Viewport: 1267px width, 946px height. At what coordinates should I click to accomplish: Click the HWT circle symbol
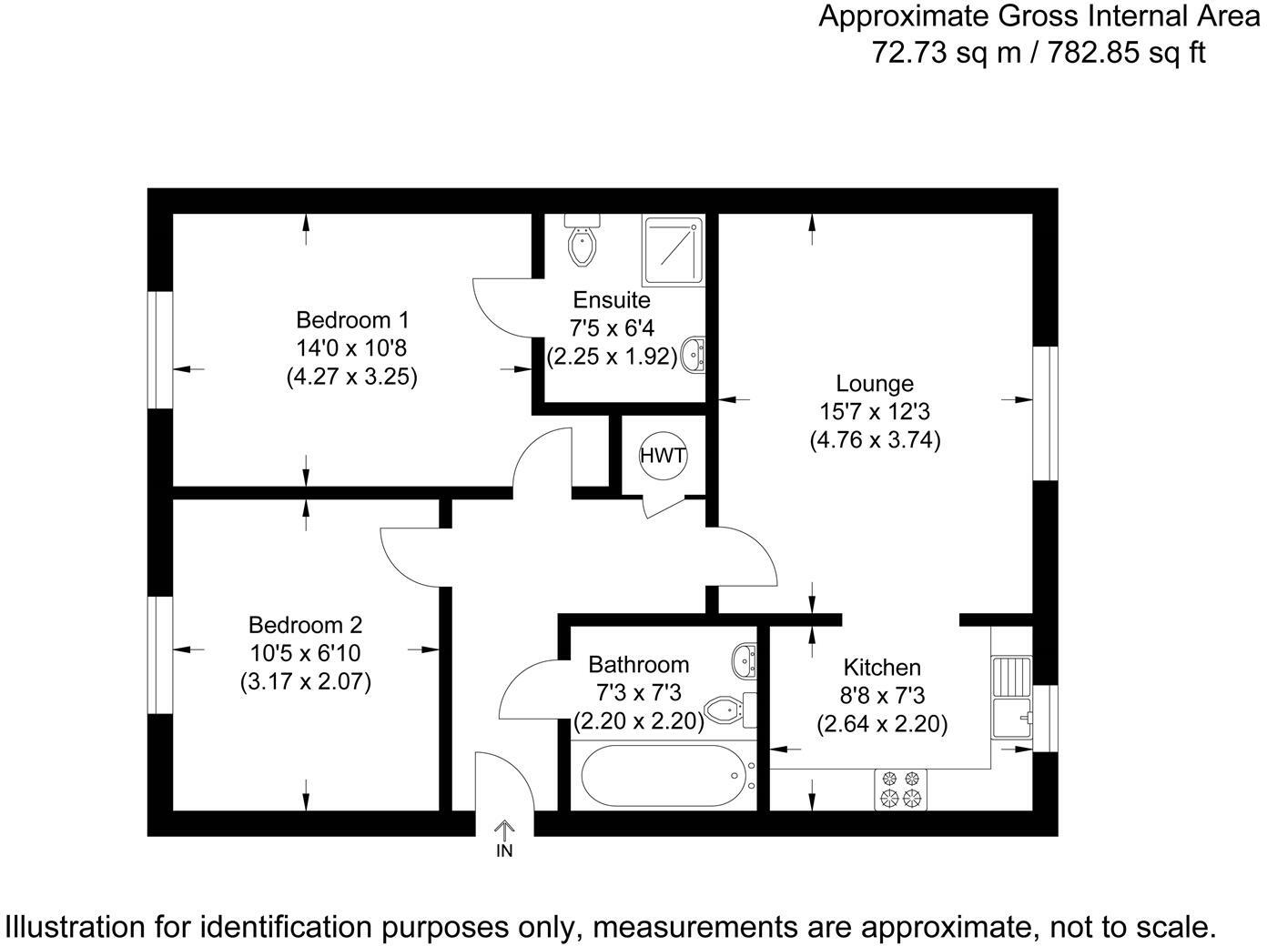pos(663,456)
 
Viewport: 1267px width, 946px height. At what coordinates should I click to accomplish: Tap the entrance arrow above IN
pos(503,829)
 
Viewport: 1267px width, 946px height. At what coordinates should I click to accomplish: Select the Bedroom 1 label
pos(352,320)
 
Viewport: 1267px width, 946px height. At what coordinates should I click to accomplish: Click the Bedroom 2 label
pos(305,625)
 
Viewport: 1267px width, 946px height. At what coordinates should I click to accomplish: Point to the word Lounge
pos(875,384)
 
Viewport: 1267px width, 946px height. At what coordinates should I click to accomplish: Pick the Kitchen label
pos(882,667)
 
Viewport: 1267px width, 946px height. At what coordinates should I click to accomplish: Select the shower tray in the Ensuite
pos(673,249)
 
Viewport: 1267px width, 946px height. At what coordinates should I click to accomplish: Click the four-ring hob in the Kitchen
pos(900,789)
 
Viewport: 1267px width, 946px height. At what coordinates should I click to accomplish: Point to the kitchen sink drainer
pos(1011,676)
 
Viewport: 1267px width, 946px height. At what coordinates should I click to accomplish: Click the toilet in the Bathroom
pos(732,709)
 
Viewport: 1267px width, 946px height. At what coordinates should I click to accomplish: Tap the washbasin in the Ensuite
pos(695,353)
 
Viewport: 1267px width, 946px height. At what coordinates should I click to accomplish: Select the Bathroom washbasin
pos(745,659)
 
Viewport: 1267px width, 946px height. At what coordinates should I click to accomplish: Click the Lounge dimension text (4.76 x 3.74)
pos(875,440)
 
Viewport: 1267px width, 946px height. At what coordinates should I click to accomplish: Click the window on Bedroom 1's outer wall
pos(161,349)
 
